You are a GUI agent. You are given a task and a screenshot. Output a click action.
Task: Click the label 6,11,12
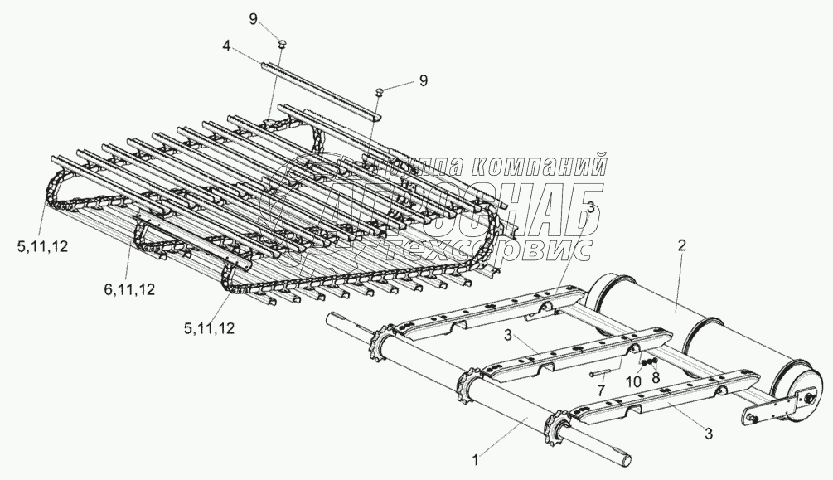coord(129,288)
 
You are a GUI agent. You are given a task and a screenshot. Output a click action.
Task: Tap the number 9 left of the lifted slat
coord(278,17)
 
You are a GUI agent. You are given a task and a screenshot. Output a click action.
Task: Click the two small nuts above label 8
coord(650,363)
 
